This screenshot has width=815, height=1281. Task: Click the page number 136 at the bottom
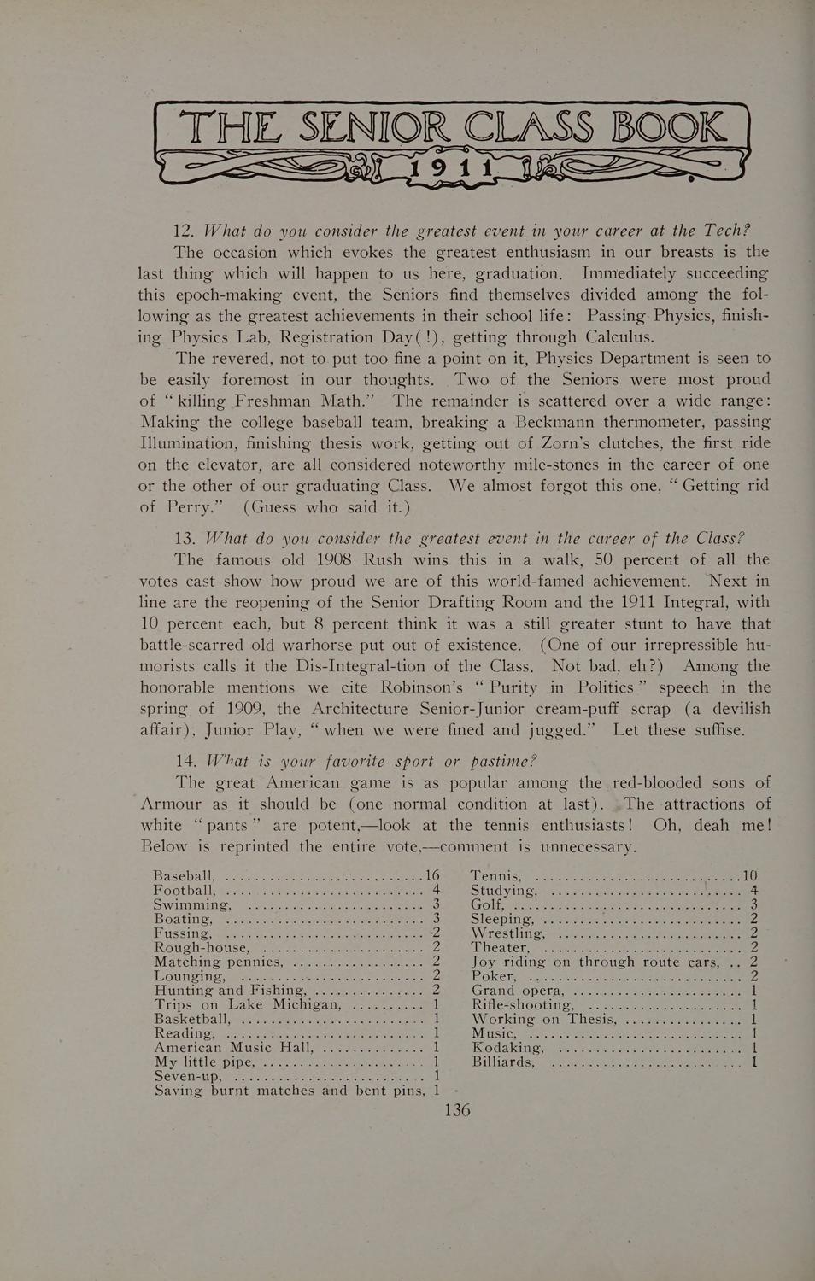[457, 1110]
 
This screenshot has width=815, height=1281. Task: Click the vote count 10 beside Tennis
[750, 875]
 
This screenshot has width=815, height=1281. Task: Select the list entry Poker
[494, 977]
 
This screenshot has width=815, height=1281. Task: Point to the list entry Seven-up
[189, 1076]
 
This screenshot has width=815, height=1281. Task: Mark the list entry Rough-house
[202, 948]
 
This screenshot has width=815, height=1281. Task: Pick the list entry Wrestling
[507, 933]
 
